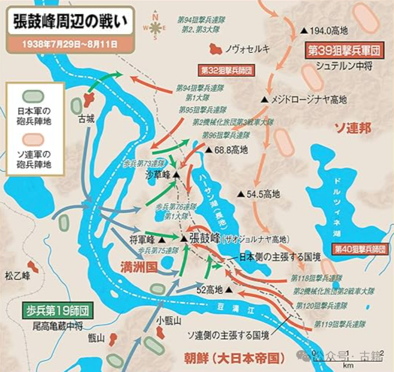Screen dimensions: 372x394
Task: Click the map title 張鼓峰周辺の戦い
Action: click(x=69, y=21)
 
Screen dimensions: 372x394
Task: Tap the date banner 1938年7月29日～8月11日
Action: click(x=69, y=44)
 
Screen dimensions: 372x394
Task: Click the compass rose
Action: click(x=155, y=27)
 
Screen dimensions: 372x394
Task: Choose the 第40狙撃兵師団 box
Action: click(x=360, y=248)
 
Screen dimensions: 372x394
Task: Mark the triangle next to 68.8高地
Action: click(x=209, y=149)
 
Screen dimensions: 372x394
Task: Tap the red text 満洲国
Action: click(x=139, y=267)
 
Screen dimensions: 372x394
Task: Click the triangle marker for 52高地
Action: click(x=229, y=289)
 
